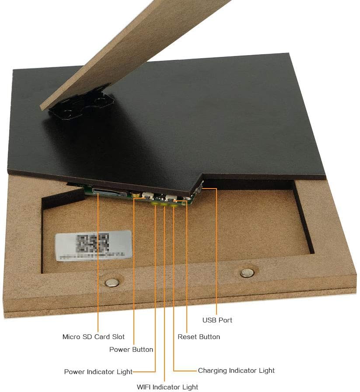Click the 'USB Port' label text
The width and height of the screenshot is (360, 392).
pos(217,320)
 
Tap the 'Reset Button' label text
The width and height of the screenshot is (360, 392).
pos(199,337)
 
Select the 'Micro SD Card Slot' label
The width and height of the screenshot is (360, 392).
pos(93,337)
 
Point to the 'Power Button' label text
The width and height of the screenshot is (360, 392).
pos(131,350)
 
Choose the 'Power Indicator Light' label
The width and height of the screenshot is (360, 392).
pos(98,372)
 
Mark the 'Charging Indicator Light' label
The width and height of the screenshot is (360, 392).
pos(236,371)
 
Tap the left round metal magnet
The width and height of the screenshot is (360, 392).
pos(112,282)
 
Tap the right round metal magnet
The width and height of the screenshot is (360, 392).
pos(247,273)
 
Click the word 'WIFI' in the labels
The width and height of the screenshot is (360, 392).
pos(145,387)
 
